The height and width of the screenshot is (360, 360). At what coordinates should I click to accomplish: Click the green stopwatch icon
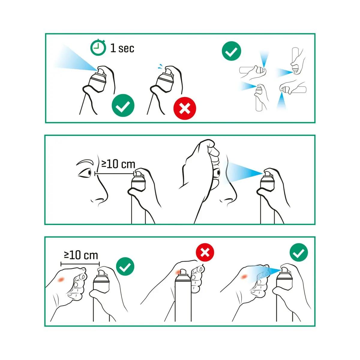coord(98,48)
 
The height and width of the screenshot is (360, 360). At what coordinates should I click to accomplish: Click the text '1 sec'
coord(122,48)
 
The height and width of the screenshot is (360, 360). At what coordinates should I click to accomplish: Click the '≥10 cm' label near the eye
coord(118,164)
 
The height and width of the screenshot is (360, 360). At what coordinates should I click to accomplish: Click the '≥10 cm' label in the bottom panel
coord(81,255)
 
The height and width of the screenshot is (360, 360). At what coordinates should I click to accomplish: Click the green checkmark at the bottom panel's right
coord(299,253)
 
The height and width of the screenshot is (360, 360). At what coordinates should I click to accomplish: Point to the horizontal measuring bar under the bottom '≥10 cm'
coord(80,264)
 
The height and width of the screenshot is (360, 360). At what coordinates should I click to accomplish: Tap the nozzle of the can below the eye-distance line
coord(139,173)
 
